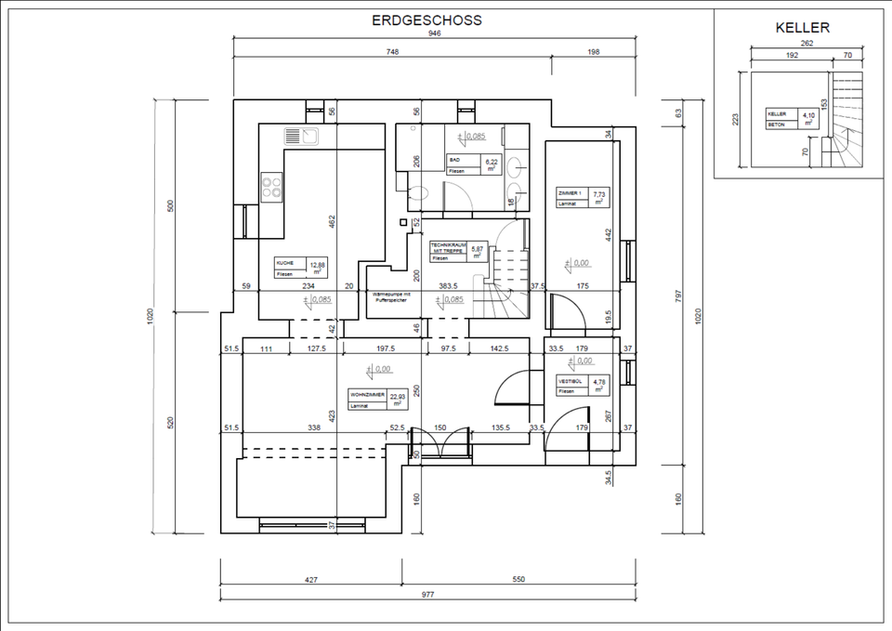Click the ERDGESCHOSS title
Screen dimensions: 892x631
[426, 20]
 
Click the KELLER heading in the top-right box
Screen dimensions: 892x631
[802, 28]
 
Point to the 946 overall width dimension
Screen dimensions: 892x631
[435, 33]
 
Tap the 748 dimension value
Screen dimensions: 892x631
[392, 53]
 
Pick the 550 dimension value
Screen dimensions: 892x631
[518, 579]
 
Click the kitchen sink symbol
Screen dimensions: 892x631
[302, 137]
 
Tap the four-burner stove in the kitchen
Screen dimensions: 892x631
[271, 188]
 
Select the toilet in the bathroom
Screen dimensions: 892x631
[418, 193]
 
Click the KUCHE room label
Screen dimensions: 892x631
[286, 264]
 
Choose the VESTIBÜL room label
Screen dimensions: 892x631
[570, 381]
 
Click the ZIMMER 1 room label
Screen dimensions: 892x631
[569, 193]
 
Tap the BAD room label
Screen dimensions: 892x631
[454, 159]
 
